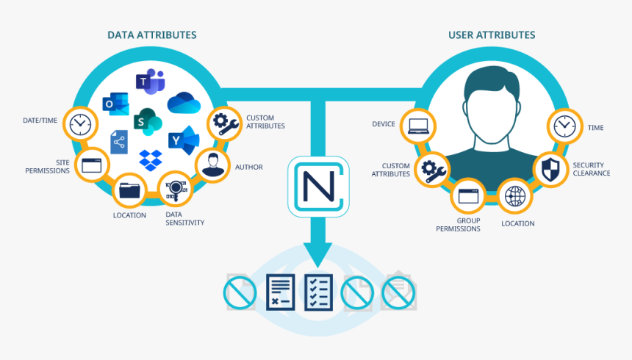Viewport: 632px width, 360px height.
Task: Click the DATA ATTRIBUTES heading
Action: [x=152, y=35]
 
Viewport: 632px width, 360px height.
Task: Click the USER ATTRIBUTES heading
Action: [x=492, y=35]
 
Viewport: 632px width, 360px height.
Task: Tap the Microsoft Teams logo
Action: [x=150, y=83]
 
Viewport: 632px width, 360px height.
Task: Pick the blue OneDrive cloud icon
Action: [x=184, y=104]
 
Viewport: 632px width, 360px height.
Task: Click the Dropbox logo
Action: [x=151, y=159]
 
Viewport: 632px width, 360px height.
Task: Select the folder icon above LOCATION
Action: [x=129, y=190]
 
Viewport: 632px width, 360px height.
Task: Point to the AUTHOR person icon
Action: [x=212, y=167]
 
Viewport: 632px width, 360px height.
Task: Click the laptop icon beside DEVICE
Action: [x=418, y=126]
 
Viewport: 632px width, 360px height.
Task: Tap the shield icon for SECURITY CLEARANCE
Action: [x=550, y=168]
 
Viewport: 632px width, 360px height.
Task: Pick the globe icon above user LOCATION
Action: [x=516, y=197]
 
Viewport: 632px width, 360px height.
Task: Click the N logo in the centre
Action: [x=317, y=185]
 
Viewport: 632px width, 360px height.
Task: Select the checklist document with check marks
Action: [x=318, y=292]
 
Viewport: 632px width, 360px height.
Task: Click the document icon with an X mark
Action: [x=280, y=292]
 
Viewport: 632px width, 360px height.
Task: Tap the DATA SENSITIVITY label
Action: [x=184, y=218]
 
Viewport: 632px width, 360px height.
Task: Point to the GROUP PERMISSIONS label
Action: [x=458, y=224]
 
